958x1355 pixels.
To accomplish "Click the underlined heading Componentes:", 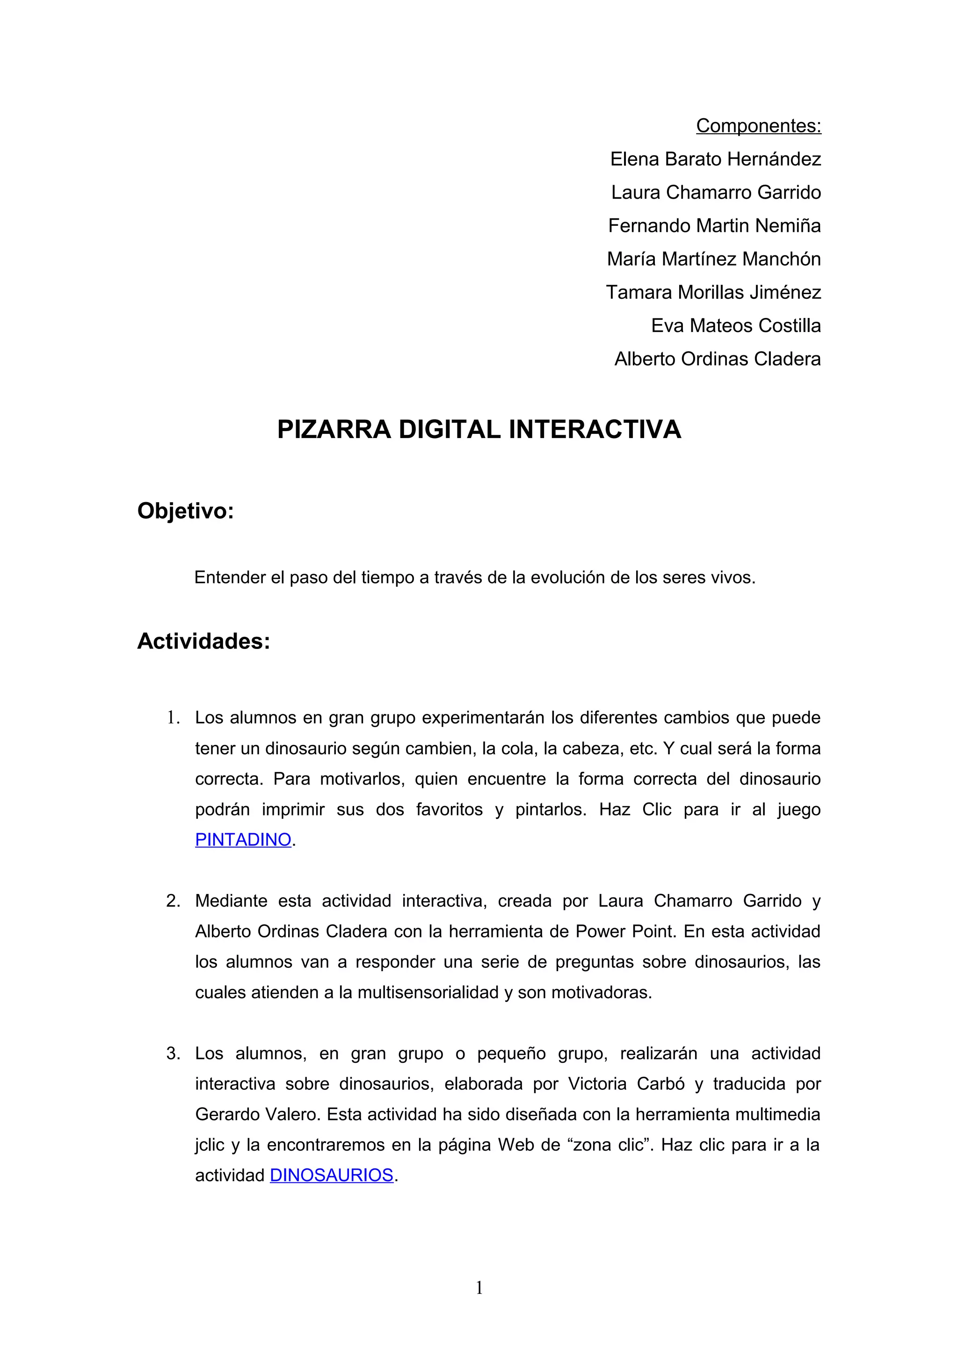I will pos(758,126).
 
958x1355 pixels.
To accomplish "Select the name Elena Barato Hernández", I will pos(715,159).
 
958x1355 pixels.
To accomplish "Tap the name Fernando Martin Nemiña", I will pos(714,226).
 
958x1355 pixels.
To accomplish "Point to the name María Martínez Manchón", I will pos(714,259).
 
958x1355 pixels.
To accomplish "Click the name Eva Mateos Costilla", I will pos(735,326).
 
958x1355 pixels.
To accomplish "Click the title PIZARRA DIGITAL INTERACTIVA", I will pos(479,430).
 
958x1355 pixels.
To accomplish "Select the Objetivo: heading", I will pos(185,511).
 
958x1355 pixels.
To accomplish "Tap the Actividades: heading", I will pos(203,641).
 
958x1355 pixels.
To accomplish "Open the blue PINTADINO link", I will pos(243,840).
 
